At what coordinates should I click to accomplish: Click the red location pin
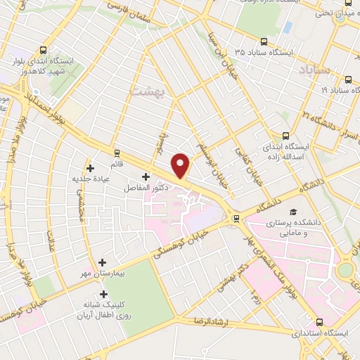click(181, 165)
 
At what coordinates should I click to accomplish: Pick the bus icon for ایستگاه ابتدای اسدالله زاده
click(285, 135)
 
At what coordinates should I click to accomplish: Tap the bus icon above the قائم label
click(117, 151)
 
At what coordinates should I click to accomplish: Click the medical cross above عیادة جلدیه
click(90, 167)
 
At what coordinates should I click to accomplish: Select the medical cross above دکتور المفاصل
click(146, 176)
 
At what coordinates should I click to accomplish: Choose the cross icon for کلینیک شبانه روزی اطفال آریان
click(104, 294)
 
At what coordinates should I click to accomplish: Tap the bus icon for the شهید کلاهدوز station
click(44, 50)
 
